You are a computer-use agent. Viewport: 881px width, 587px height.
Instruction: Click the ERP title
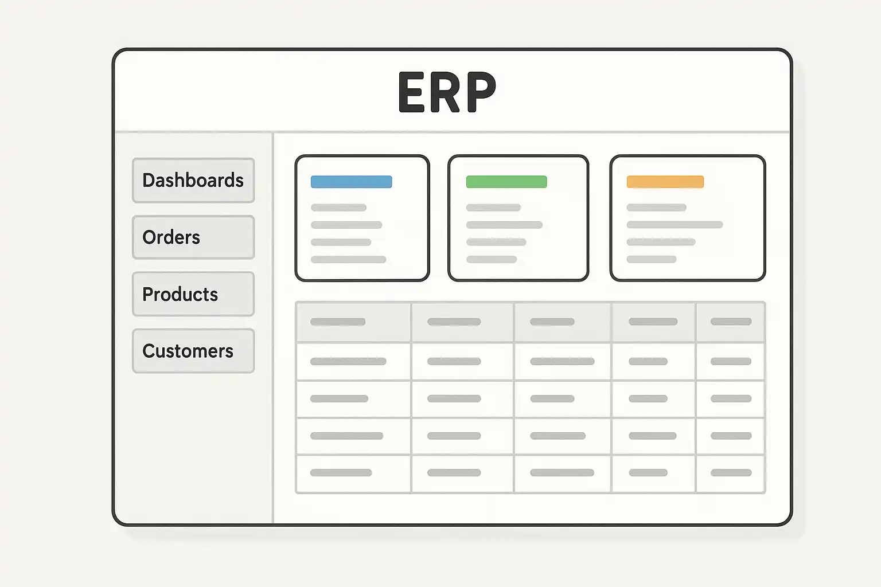click(x=447, y=92)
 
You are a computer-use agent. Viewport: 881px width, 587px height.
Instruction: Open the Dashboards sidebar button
click(x=193, y=181)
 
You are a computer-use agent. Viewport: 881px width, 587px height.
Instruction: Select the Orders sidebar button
click(x=193, y=237)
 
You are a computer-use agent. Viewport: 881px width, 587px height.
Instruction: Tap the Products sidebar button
click(x=193, y=294)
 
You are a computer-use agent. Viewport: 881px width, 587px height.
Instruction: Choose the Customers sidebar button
click(x=193, y=351)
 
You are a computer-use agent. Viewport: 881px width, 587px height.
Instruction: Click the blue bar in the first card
click(x=351, y=182)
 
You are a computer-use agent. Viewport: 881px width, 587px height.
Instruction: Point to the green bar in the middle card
click(x=506, y=182)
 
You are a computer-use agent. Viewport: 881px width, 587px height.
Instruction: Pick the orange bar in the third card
click(x=665, y=182)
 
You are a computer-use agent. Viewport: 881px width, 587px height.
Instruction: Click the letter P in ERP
click(x=481, y=92)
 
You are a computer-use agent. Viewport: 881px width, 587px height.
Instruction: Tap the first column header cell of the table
click(x=353, y=322)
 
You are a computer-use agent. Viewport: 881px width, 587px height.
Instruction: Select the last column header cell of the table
click(x=730, y=322)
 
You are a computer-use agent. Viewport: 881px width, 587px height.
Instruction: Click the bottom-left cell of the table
click(x=353, y=473)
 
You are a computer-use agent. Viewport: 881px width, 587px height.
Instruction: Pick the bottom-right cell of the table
click(x=730, y=473)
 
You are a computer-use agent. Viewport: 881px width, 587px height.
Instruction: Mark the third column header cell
click(x=563, y=322)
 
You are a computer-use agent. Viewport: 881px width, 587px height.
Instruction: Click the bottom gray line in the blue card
click(x=349, y=260)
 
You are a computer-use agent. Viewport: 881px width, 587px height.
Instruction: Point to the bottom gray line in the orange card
click(x=652, y=259)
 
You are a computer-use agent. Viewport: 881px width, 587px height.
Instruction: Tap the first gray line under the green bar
click(x=494, y=208)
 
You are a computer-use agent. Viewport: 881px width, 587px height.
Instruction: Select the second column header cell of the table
click(x=462, y=322)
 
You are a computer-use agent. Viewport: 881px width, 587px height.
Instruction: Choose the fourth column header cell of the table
click(x=654, y=322)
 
